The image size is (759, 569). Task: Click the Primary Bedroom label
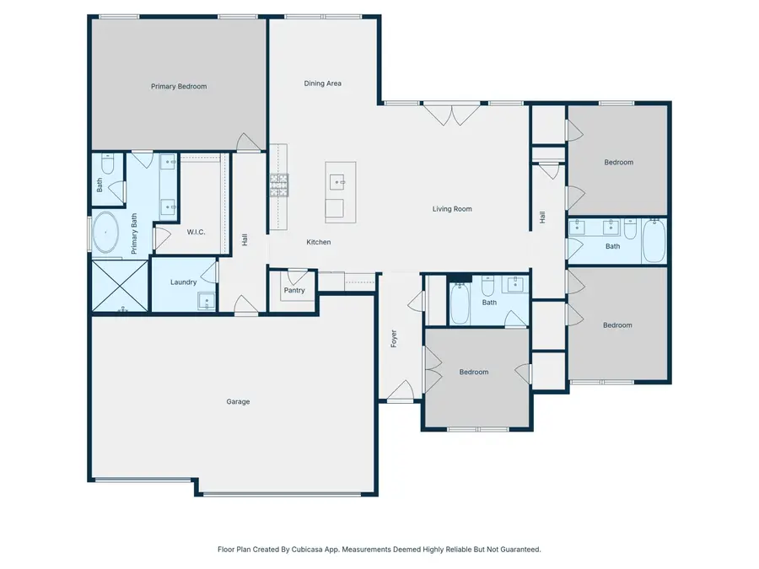point(179,87)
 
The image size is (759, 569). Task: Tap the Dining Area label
point(322,83)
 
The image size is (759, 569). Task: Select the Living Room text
point(452,209)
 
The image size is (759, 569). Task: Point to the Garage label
point(238,401)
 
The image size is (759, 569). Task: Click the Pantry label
point(294,290)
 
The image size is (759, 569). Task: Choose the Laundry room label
point(184,282)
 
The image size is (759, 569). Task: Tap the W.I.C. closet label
point(196,233)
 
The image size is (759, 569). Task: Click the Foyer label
point(394,339)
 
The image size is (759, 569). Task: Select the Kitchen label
point(319,242)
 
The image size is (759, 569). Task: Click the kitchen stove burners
point(279,185)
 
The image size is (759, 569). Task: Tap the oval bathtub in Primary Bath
point(105,233)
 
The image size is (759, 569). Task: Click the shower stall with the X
point(120,286)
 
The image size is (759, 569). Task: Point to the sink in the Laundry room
point(207,302)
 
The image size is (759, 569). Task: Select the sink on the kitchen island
point(336,182)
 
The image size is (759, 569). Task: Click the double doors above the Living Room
point(452,114)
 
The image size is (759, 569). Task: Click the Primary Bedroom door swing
point(249,142)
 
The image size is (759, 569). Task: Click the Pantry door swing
point(297,277)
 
